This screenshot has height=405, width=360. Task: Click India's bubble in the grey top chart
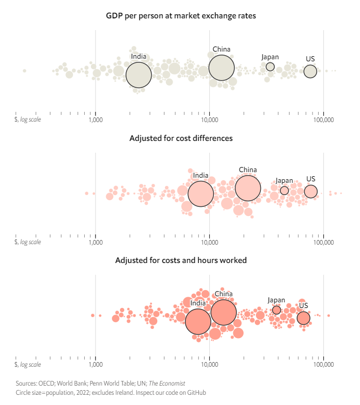coord(139,75)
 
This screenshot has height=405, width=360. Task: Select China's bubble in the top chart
coord(222,68)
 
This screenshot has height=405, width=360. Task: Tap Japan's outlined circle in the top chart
coord(270,66)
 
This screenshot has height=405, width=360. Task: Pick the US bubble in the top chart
coord(310,72)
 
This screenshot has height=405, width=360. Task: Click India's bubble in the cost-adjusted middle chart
coord(201,194)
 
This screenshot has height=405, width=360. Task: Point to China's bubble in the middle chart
coord(248,188)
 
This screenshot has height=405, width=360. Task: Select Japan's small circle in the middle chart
coord(284,190)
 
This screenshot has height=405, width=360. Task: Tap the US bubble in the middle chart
coord(310,192)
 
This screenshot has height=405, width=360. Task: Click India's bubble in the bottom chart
coord(198,322)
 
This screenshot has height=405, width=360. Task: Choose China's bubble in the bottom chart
coord(224,312)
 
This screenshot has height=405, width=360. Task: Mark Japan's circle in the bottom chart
coord(276,310)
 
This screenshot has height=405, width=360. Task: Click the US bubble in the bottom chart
coord(303,318)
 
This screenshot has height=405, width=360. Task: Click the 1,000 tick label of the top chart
coord(95,120)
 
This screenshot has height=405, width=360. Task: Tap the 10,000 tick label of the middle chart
coord(209,242)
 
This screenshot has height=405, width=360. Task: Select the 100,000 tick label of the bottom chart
coord(324,365)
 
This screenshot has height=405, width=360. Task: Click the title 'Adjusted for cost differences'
coord(181,138)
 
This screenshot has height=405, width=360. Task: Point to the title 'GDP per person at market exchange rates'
coord(181,16)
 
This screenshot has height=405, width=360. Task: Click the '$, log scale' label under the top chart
coord(28,120)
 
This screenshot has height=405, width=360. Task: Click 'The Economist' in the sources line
coord(167,384)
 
